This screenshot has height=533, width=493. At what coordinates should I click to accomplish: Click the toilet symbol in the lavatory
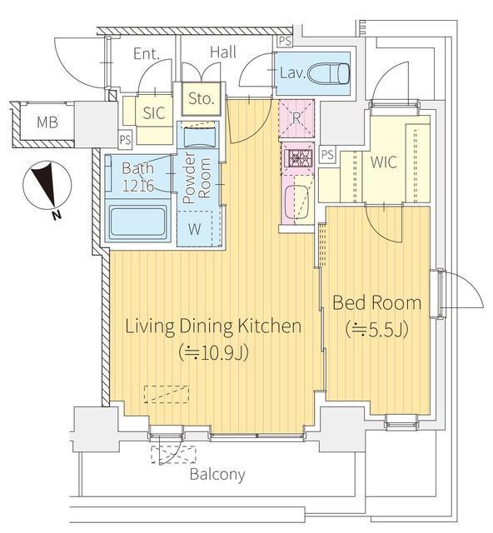point(329,73)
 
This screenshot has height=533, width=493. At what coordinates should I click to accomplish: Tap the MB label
point(47,122)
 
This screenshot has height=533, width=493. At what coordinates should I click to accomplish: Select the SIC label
point(154,113)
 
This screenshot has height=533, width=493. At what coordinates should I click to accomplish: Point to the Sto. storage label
point(201,98)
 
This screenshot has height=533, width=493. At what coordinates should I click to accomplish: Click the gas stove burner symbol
point(298,157)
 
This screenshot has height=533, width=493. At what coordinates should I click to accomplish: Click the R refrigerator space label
point(296,118)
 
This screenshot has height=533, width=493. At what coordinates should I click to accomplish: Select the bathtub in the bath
point(138,222)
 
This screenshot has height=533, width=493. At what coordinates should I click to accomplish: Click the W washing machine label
point(195,229)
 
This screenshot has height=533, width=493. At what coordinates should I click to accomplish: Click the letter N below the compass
point(57,215)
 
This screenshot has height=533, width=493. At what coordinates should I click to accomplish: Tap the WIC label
point(384,162)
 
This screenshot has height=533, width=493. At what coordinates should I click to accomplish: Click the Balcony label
point(217,474)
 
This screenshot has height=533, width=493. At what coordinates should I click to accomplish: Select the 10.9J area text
point(213,352)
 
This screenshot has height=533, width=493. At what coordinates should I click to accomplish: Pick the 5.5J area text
point(376,329)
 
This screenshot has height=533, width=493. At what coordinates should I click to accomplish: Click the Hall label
point(223,52)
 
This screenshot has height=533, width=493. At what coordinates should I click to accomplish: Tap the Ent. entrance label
point(147,54)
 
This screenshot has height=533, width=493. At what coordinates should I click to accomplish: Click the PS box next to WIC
point(327,155)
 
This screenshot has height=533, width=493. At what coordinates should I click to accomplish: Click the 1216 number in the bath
point(138,186)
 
